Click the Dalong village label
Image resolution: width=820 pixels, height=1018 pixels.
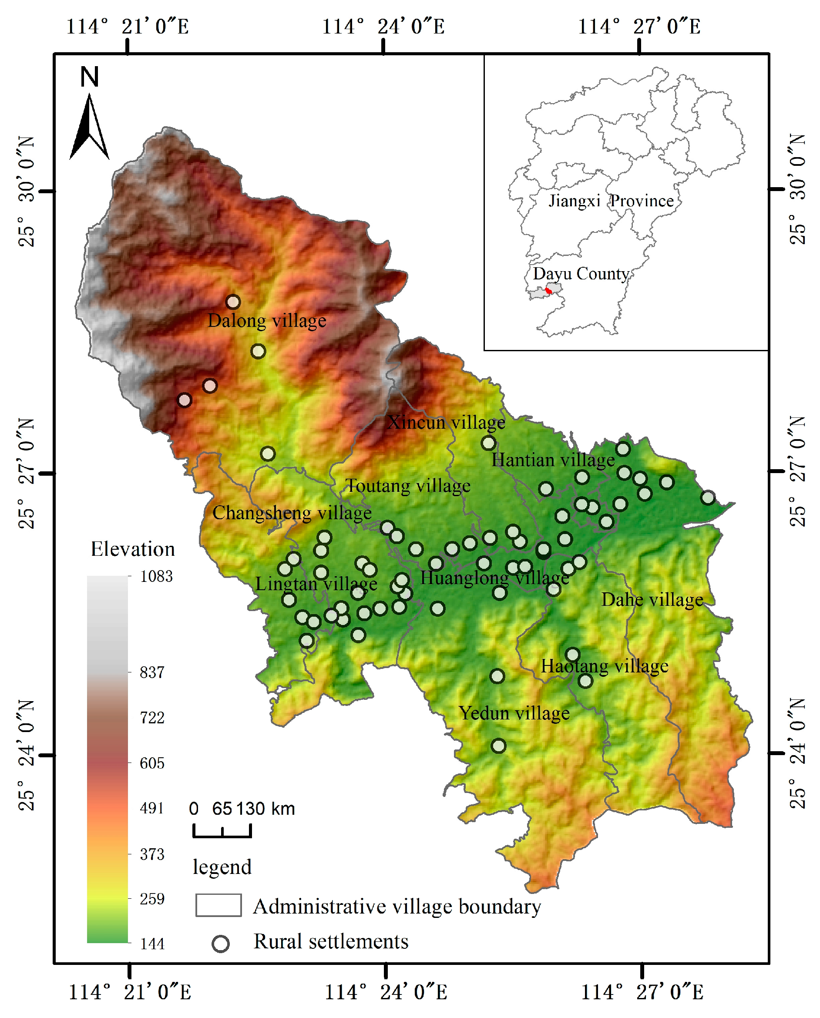click(267, 321)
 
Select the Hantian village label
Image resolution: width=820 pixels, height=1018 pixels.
click(553, 460)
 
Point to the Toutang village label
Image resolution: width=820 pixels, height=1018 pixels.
click(408, 486)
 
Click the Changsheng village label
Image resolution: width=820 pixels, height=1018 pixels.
click(292, 513)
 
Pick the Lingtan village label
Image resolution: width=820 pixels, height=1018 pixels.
click(316, 584)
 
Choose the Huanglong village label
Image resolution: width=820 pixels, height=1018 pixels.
click(494, 578)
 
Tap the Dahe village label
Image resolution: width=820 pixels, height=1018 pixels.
click(652, 599)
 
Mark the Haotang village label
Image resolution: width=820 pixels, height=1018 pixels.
click(605, 666)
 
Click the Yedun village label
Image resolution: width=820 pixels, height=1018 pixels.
click(514, 713)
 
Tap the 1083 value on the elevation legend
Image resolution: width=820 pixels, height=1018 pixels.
click(156, 577)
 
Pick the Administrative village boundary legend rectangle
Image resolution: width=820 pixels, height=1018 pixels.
click(218, 905)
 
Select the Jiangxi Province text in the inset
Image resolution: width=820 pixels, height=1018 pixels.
click(611, 201)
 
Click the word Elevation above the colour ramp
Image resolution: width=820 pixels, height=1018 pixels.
click(133, 549)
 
